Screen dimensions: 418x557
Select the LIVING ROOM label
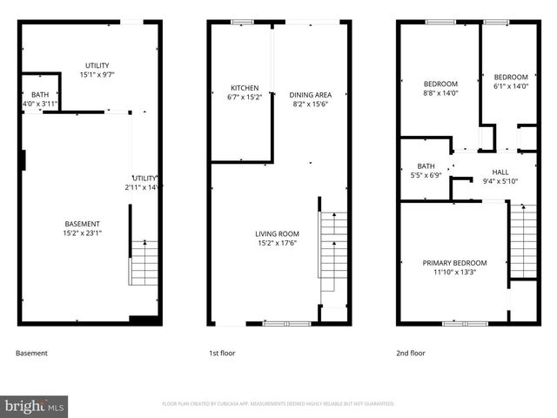[277, 233]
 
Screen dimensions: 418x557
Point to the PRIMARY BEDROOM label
[454, 262]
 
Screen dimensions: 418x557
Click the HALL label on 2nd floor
[500, 172]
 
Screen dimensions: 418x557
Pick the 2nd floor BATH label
[426, 165]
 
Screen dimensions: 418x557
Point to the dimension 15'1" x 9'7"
[97, 75]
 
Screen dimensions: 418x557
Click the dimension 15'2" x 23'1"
[83, 233]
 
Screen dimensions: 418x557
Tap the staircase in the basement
[144, 263]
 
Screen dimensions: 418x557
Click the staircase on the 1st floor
[333, 253]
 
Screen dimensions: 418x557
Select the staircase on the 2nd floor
[522, 239]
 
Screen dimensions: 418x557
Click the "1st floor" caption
[225, 354]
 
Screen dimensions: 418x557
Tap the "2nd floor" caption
[411, 354]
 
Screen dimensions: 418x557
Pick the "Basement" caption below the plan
[32, 354]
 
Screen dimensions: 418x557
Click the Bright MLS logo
[35, 406]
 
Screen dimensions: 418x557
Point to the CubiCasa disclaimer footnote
[278, 404]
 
